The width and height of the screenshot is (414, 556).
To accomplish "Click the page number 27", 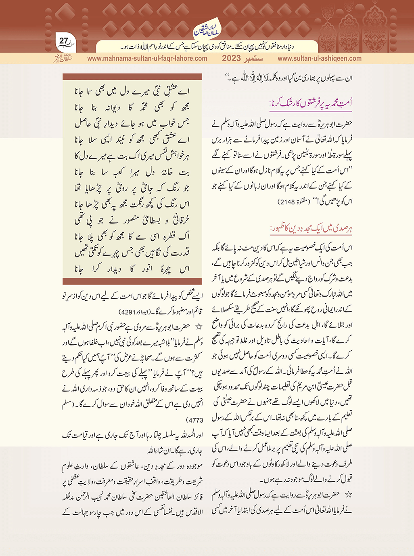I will [63, 41].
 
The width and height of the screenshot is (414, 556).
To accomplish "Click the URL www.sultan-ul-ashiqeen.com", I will [320, 58].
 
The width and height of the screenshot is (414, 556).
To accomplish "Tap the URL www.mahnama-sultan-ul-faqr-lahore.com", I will [147, 58].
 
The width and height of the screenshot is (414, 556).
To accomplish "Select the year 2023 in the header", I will [231, 58].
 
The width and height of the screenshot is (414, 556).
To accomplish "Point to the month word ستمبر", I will [253, 58].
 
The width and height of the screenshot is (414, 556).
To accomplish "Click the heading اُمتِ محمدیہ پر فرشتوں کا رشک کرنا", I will [311, 103].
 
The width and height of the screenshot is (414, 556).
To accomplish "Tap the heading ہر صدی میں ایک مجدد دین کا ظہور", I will [312, 229].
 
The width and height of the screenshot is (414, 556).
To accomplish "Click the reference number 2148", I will [288, 202].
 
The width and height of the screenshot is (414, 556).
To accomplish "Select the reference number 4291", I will [130, 313].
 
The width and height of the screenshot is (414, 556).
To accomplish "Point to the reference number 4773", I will [195, 421].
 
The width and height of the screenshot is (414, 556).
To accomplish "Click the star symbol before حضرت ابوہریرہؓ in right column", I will [349, 494].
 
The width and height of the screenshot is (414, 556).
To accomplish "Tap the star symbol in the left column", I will [198, 326].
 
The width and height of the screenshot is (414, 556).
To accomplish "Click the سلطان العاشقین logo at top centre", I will [207, 28].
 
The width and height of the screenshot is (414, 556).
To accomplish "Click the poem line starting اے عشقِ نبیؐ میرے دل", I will [132, 92].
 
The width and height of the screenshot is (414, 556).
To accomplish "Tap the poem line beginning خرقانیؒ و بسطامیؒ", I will [132, 221].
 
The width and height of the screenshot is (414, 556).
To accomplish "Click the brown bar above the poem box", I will [132, 76].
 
